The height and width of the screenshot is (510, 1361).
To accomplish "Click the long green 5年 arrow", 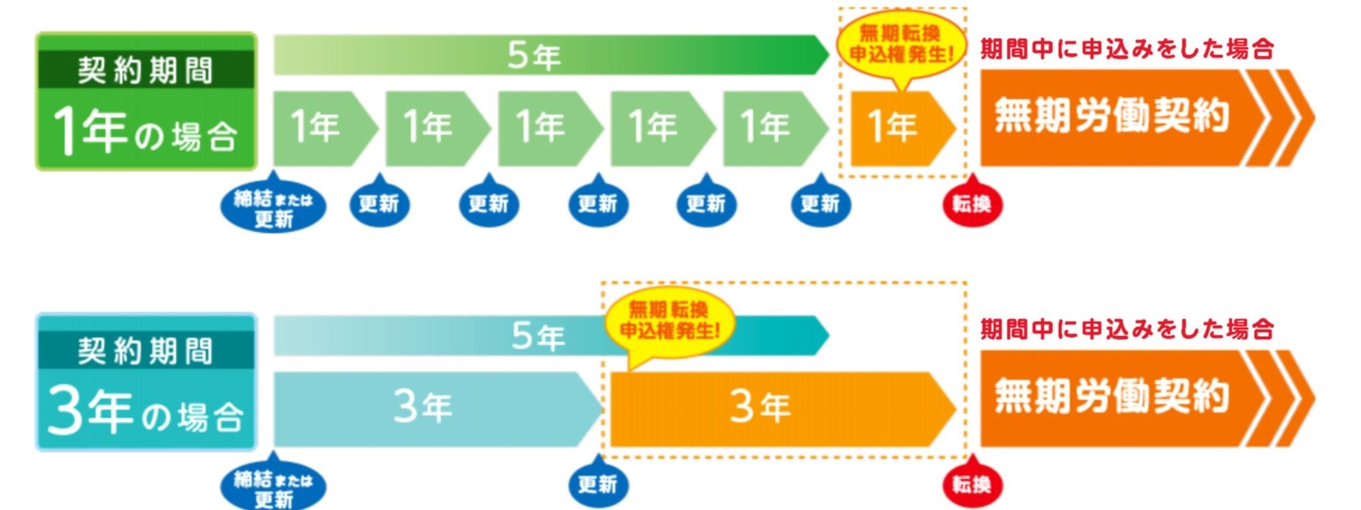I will click(x=546, y=55).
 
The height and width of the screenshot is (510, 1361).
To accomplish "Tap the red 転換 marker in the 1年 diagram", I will click(x=972, y=204).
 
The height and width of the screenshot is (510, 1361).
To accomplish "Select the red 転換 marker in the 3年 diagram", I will click(x=972, y=484).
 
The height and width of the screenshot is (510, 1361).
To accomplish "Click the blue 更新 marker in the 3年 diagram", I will click(x=598, y=484).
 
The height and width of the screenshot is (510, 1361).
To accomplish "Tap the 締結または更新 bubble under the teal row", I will click(x=273, y=488).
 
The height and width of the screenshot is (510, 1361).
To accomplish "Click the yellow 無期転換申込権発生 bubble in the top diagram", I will click(x=901, y=44).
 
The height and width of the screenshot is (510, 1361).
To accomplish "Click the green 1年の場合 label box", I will click(x=146, y=102).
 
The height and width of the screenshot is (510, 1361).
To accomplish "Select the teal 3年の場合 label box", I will click(x=146, y=382).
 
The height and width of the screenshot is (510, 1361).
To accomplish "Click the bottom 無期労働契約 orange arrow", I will click(x=1132, y=398).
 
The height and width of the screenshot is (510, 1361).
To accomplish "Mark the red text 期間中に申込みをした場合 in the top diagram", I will click(x=1127, y=49).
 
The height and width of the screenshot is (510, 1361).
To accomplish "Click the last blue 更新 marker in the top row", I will click(x=820, y=204).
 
